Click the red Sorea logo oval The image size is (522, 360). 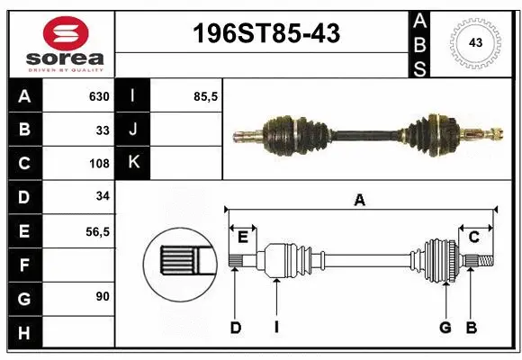tap(66, 33)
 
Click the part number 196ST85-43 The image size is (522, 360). tap(266, 33)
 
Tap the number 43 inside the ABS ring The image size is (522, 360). tap(475, 42)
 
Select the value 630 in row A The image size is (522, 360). tap(99, 96)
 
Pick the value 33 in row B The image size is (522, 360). tap(103, 130)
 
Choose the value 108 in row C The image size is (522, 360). tap(99, 164)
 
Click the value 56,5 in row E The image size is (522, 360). tap(97, 232)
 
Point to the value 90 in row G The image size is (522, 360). tap(103, 296)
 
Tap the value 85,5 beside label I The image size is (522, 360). tap(205, 96)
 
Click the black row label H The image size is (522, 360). tap(25, 332)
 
